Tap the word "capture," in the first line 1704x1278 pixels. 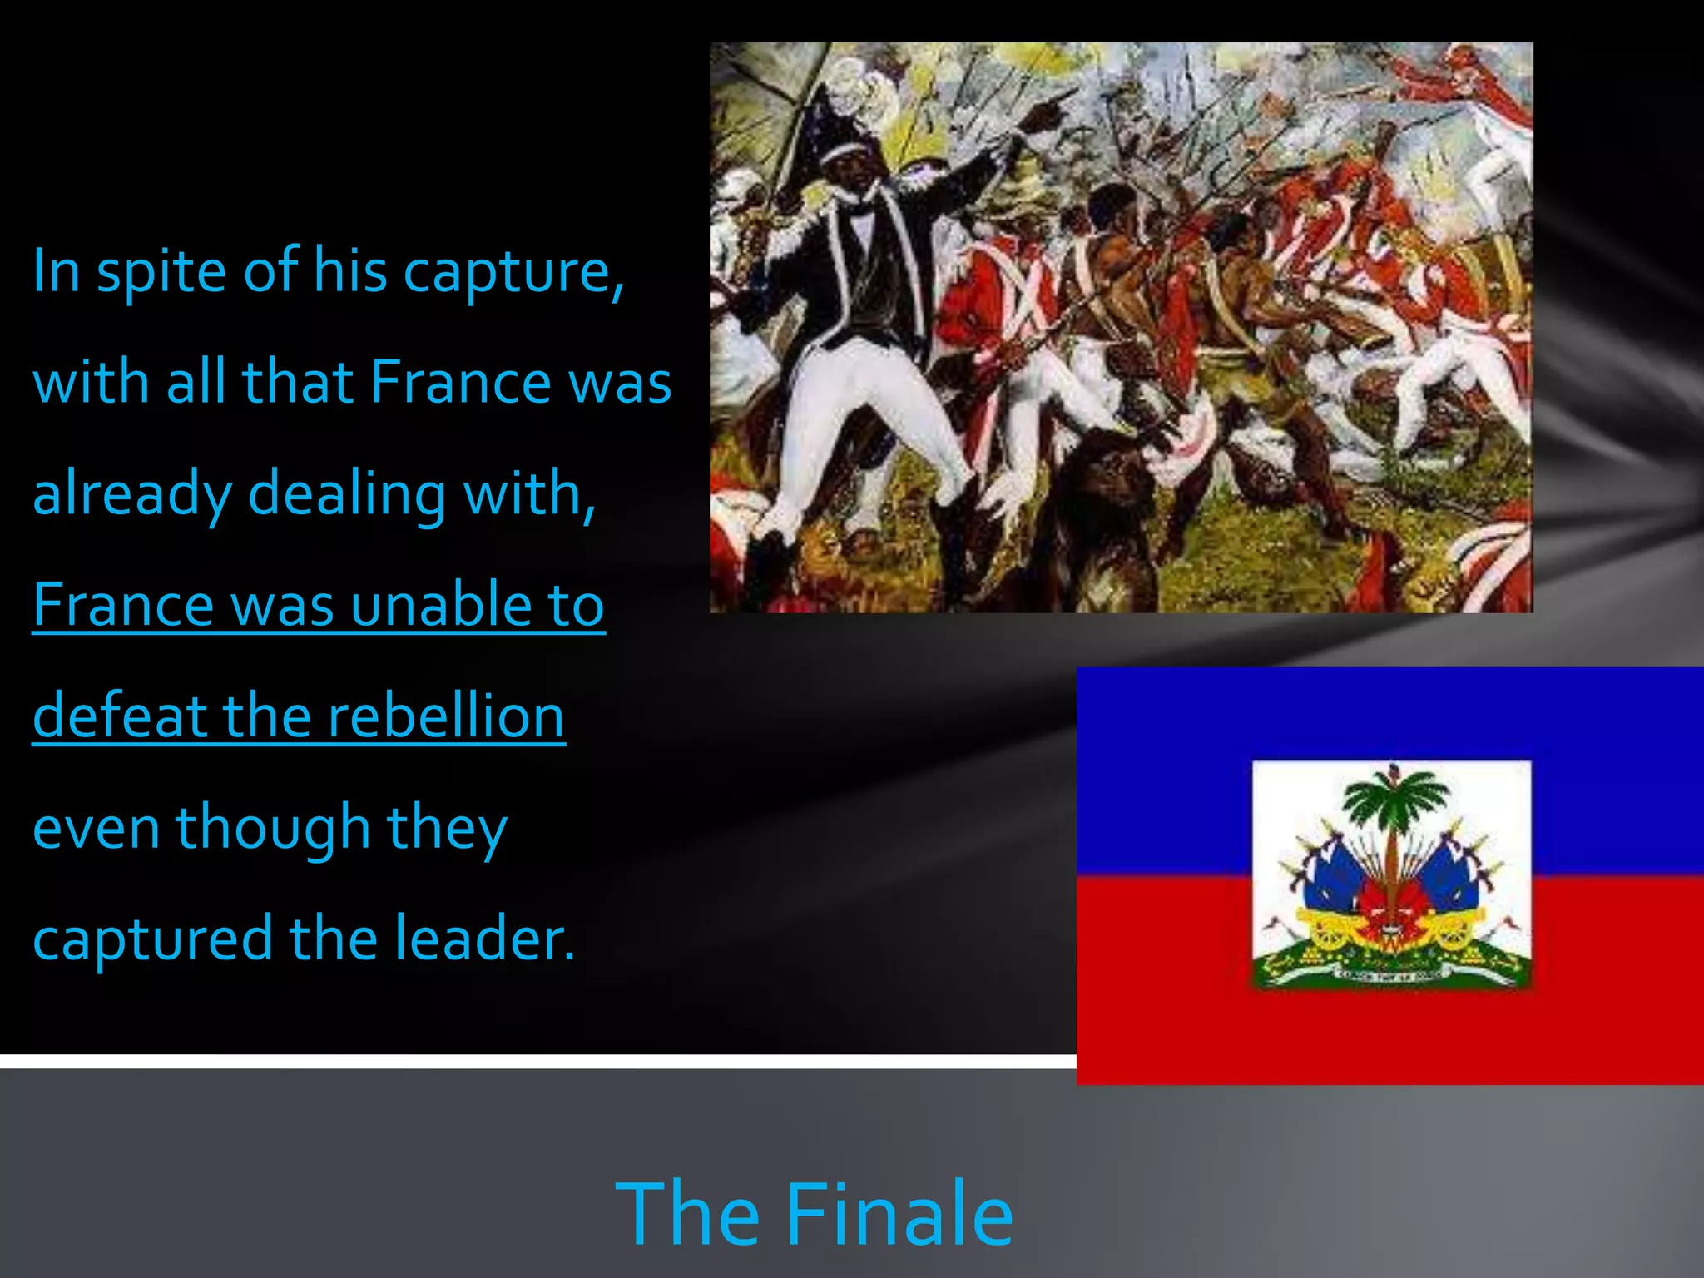[513, 272]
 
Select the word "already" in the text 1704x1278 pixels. [131, 493]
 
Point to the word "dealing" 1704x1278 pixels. [347, 493]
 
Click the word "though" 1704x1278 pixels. [273, 828]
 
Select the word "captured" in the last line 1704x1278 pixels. [152, 939]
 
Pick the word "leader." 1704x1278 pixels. [484, 939]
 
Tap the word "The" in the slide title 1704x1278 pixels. [687, 1214]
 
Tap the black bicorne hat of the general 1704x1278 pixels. [832, 125]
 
